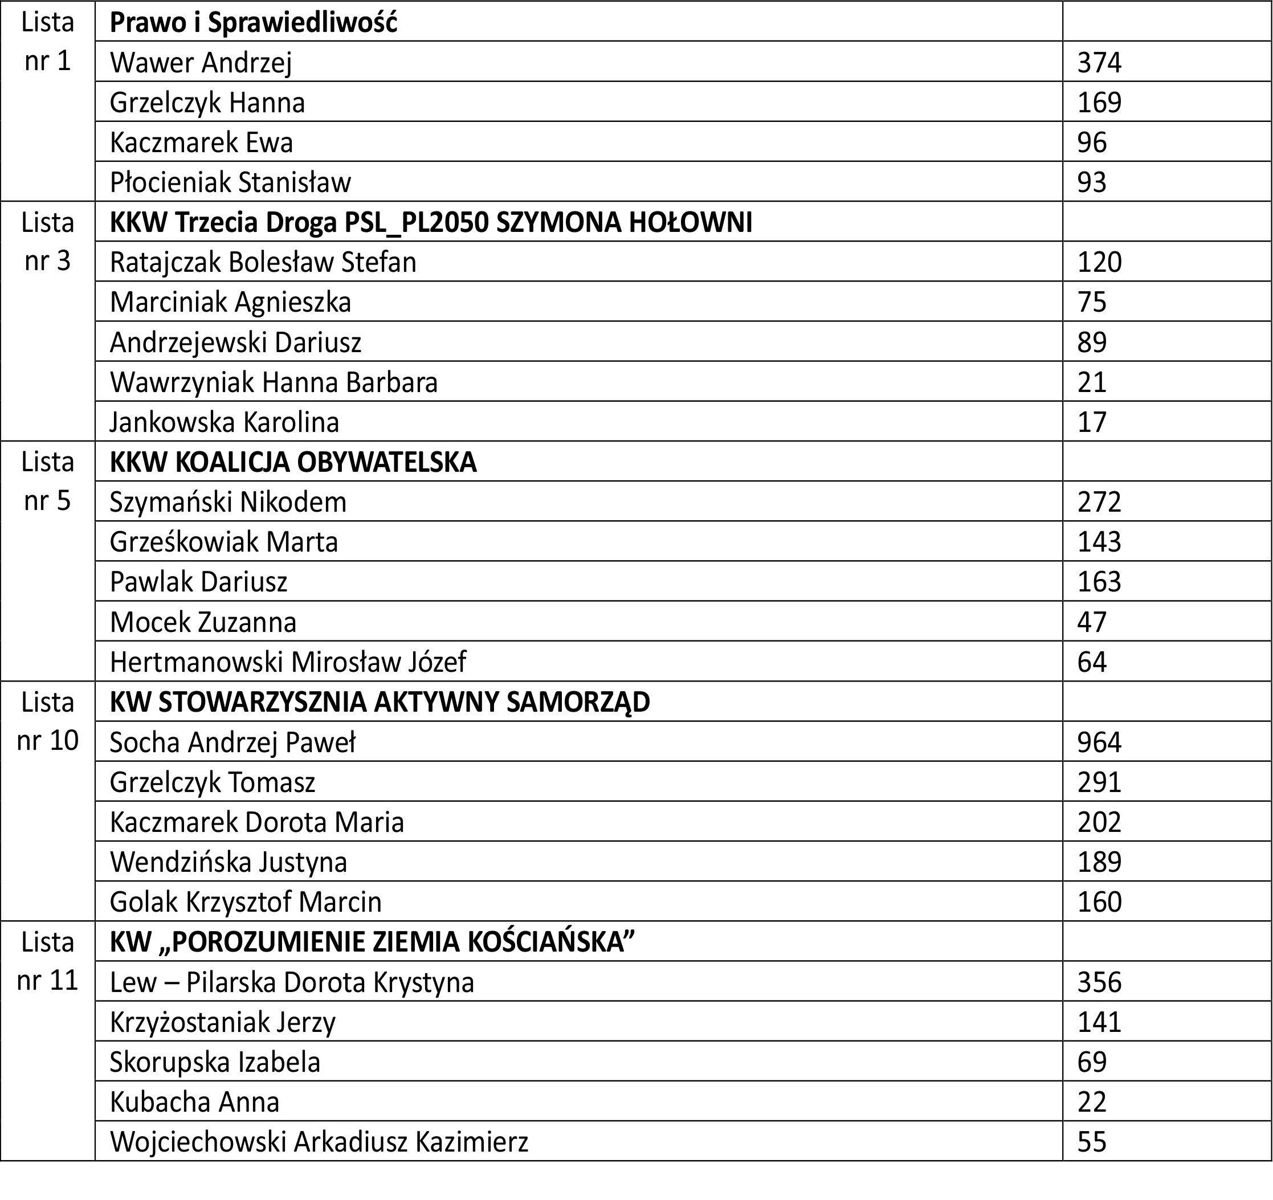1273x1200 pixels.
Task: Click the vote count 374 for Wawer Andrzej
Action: (x=1099, y=63)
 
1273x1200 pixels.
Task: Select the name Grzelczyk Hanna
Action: (x=207, y=103)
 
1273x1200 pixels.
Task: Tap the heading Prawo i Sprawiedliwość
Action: (x=254, y=22)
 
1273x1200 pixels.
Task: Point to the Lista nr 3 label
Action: (x=47, y=242)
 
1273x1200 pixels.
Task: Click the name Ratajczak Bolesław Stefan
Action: (x=263, y=262)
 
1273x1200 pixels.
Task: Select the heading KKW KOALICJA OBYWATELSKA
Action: (x=293, y=462)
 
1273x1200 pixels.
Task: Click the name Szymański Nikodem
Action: (x=228, y=502)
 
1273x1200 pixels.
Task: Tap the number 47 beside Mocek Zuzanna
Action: (x=1092, y=622)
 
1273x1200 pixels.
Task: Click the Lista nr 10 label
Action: (x=47, y=721)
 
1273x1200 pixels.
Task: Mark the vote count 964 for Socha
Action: (x=1099, y=742)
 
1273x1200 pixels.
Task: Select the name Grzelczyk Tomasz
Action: (x=212, y=782)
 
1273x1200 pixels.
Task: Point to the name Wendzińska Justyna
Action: (x=228, y=862)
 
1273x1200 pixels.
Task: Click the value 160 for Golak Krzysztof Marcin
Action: (x=1099, y=901)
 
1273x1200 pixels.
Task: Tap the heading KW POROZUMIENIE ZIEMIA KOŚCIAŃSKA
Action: (x=372, y=942)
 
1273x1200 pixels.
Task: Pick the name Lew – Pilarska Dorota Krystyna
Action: (x=291, y=982)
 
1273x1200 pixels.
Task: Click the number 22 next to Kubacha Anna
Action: (x=1092, y=1102)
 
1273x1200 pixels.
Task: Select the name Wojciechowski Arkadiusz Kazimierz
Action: (x=319, y=1142)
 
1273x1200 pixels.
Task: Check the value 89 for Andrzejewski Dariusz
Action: (x=1092, y=342)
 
